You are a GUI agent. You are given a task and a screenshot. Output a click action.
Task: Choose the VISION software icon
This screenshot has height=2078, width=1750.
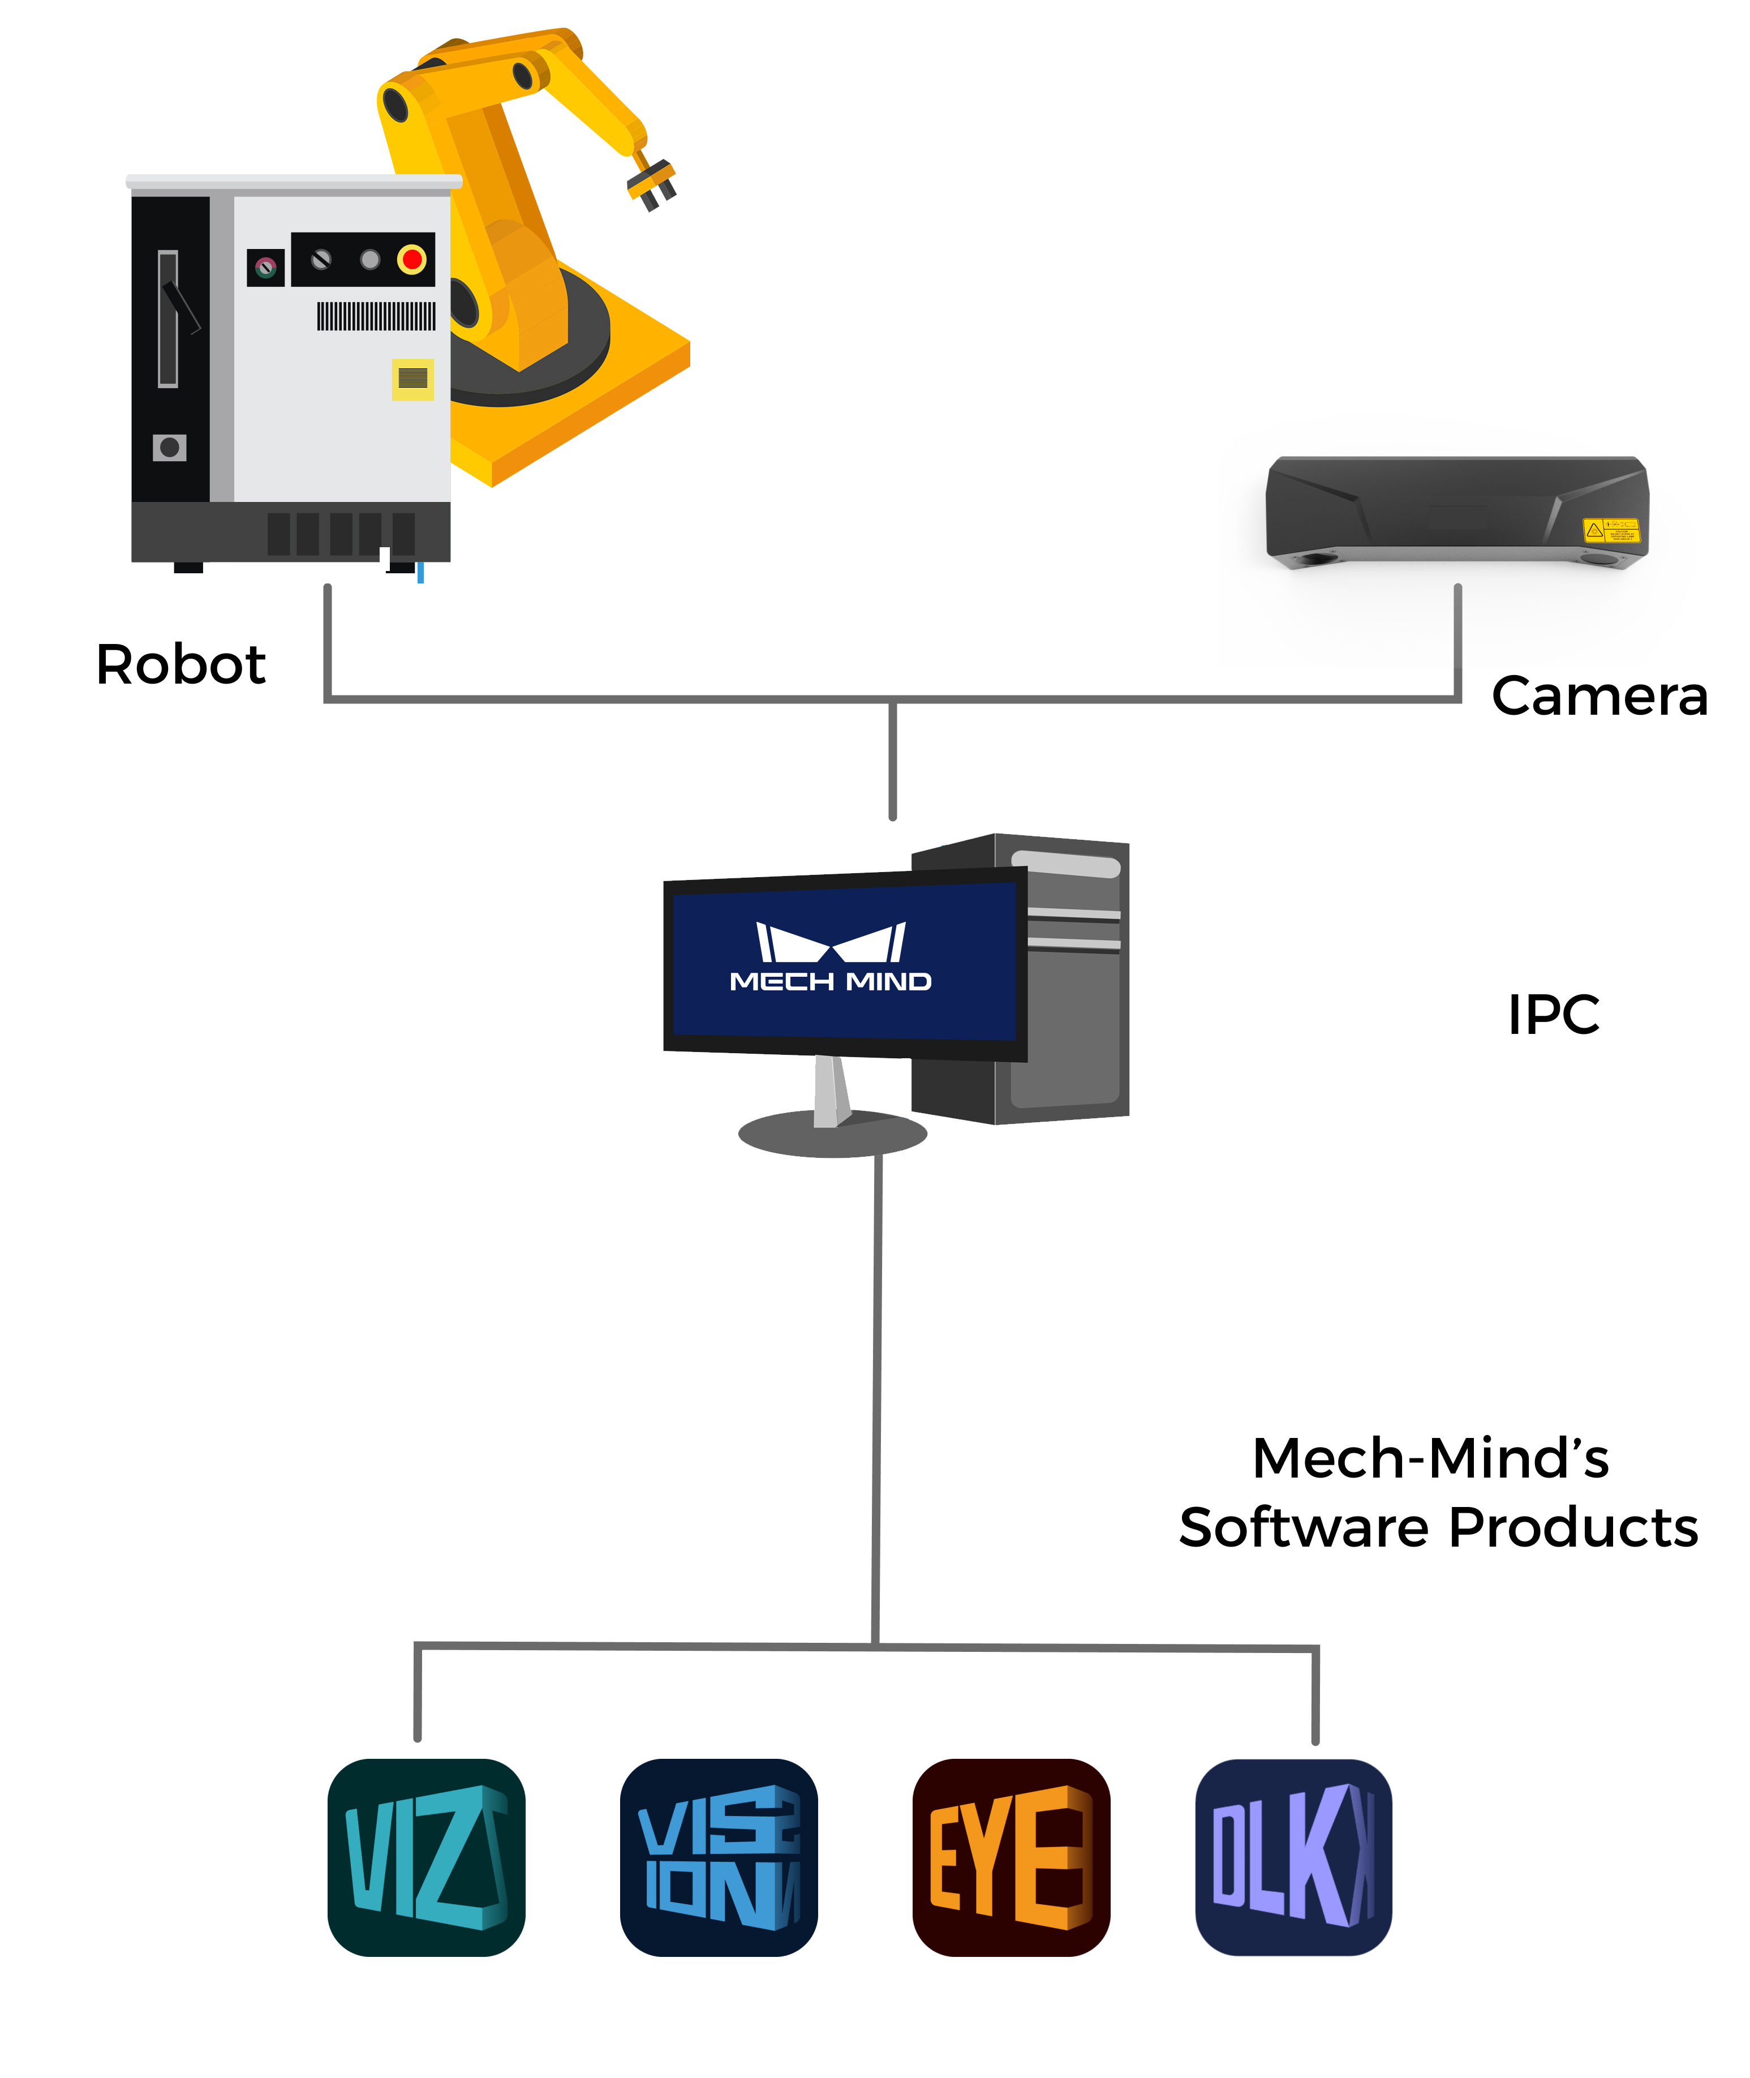click(x=718, y=1857)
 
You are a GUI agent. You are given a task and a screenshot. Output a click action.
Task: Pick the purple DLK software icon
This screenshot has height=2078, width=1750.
click(x=1293, y=1857)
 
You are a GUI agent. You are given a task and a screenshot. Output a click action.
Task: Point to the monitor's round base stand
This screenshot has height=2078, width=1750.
click(x=832, y=1134)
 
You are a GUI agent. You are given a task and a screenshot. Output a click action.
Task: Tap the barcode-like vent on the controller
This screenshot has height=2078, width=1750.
click(x=376, y=316)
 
